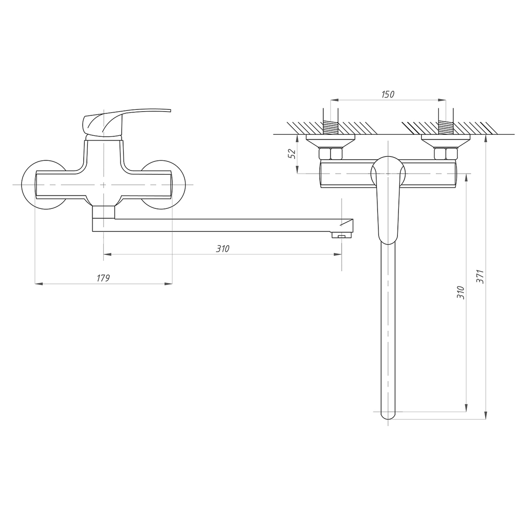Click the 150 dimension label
388,94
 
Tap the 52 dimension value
292,154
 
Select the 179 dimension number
103,278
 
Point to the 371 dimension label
480,276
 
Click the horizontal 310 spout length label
223,249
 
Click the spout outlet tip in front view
342,235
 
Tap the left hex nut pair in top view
330,154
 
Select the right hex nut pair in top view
445,154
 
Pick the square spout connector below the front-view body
103,212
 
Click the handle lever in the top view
388,200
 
